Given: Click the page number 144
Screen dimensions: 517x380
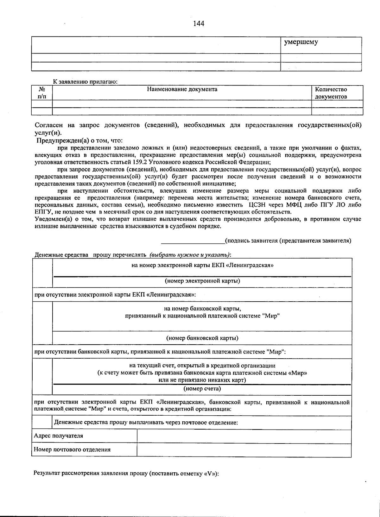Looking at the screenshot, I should pos(199,24).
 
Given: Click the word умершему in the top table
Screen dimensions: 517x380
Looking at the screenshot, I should pos(301,42).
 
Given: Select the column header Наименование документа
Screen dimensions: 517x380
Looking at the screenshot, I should pos(182,89).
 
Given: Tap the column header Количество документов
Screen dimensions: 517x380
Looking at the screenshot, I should pos(331,93).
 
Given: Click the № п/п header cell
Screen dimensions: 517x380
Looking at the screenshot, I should pos(41,93).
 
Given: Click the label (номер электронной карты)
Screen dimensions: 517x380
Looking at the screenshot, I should pos(202,281).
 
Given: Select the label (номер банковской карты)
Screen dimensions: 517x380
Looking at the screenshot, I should pos(202,338).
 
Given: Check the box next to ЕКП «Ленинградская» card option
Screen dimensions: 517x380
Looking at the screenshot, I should pos(42,273).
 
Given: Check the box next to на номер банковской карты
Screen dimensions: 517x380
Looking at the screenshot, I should pos(42,323).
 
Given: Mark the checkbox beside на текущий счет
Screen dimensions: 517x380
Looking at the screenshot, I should pos(42,377).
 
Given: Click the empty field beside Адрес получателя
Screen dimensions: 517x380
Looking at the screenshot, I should pos(244,436).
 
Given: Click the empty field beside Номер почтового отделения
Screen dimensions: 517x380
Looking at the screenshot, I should pos(244,450).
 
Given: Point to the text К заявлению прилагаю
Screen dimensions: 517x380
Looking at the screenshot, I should pos(85,82).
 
